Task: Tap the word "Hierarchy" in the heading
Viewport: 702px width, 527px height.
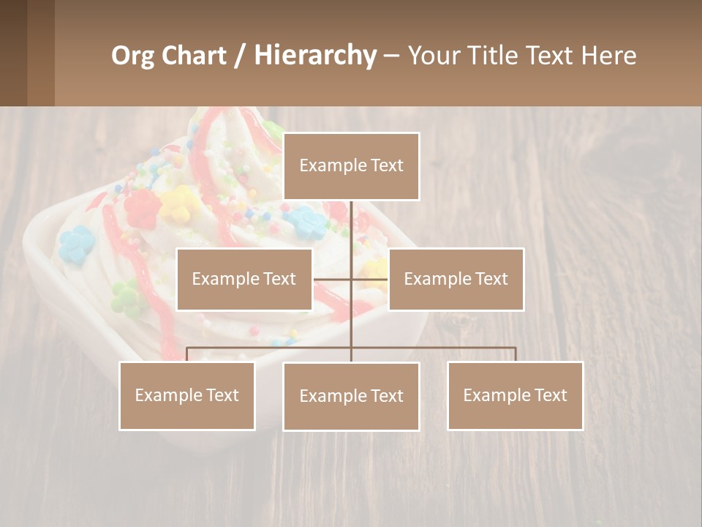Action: click(315, 56)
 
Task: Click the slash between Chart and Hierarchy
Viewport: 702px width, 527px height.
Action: click(240, 56)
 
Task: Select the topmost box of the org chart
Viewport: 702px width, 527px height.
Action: click(351, 166)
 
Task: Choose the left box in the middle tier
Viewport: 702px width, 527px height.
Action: click(244, 279)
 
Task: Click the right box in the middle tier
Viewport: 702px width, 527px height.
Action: click(456, 279)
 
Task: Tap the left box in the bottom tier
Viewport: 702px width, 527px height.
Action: click(187, 395)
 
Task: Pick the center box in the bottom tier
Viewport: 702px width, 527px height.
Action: click(351, 396)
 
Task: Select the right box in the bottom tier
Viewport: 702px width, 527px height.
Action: click(515, 395)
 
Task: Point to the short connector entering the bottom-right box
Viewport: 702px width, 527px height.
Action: click(515, 354)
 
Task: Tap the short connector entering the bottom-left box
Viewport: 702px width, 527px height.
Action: click(187, 354)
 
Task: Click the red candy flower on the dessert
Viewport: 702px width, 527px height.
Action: click(141, 208)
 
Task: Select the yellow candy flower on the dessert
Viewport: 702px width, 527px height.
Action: click(178, 203)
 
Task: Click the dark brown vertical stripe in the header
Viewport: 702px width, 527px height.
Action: click(41, 53)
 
